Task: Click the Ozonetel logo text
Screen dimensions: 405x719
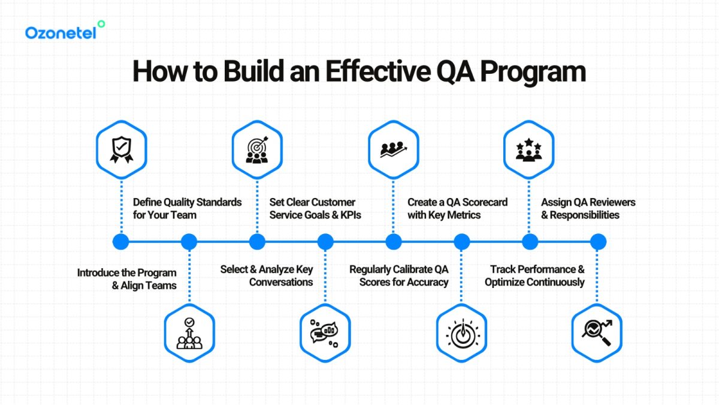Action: (x=60, y=33)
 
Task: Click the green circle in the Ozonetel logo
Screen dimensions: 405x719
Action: (x=101, y=23)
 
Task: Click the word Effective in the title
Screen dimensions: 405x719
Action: (x=367, y=71)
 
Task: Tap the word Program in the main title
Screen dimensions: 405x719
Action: (x=530, y=71)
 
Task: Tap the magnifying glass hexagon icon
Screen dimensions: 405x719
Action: (x=597, y=333)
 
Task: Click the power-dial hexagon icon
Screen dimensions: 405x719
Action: (x=461, y=333)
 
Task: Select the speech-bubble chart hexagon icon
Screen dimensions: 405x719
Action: (x=325, y=333)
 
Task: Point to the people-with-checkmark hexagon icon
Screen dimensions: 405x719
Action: (x=189, y=333)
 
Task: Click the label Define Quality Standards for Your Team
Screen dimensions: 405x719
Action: (x=187, y=208)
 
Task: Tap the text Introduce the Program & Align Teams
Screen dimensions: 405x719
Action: (x=127, y=279)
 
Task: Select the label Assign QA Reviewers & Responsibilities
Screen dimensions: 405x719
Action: (x=588, y=208)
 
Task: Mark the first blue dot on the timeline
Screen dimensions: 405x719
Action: (x=121, y=242)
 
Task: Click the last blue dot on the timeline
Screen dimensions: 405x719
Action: (x=597, y=242)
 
